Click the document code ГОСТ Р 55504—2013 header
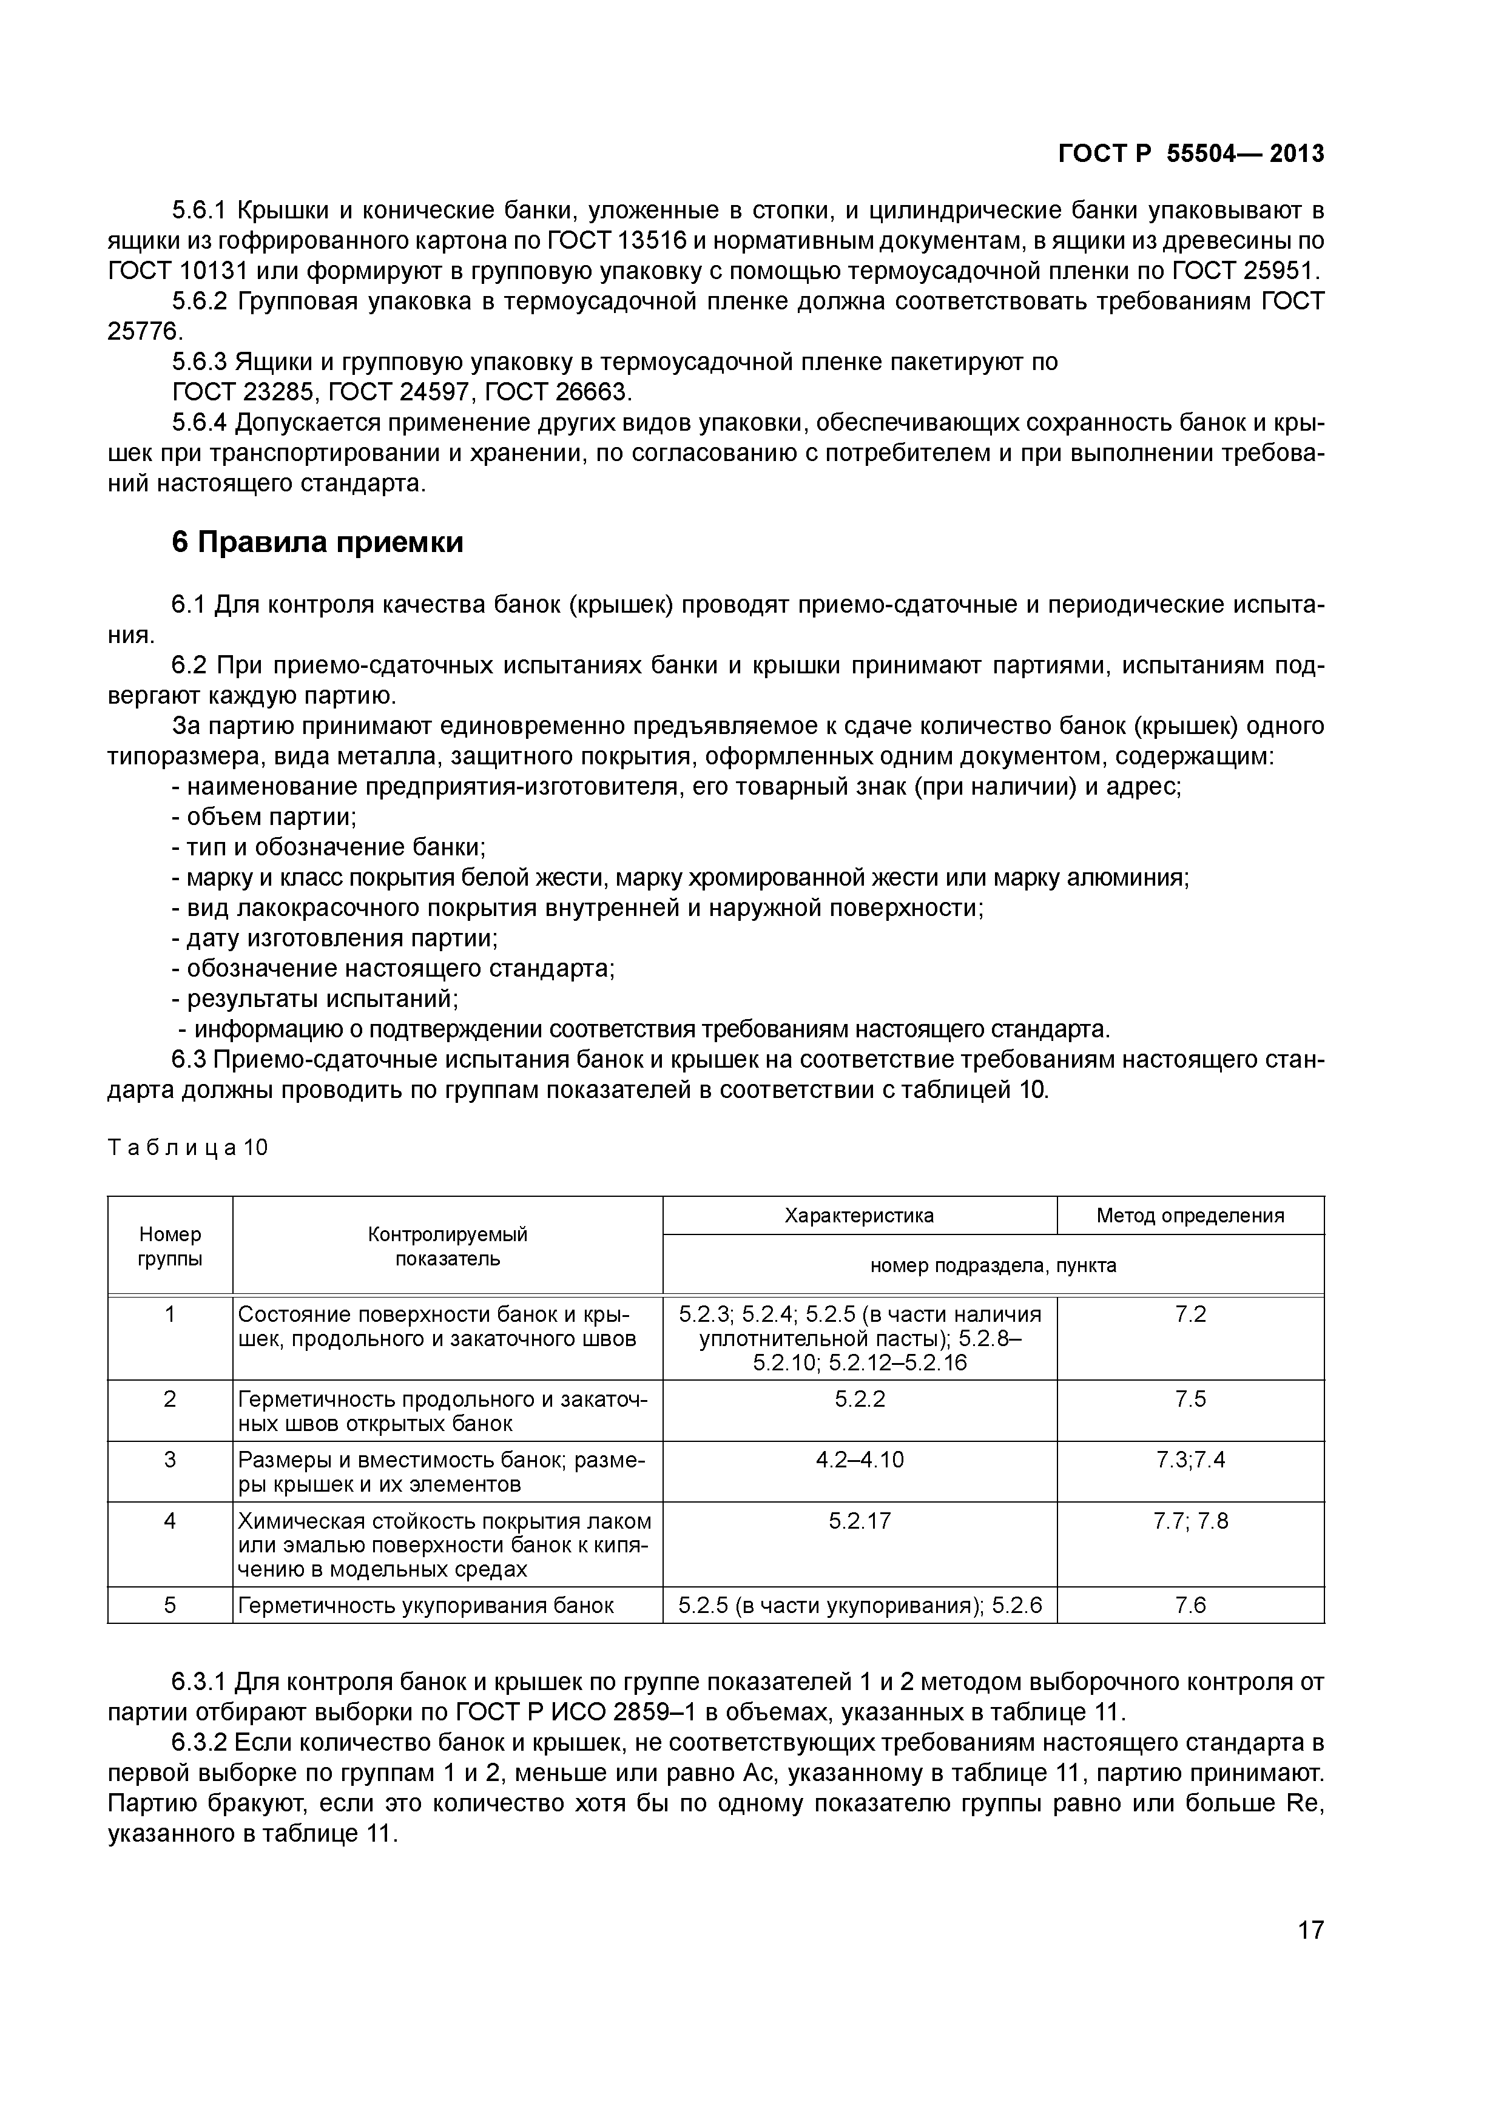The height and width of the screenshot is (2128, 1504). pos(1191,154)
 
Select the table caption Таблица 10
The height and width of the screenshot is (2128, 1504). pos(188,1148)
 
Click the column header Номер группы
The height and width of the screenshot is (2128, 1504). pos(170,1245)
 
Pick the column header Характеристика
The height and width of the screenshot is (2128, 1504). pos(859,1215)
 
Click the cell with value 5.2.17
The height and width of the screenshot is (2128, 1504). pos(859,1521)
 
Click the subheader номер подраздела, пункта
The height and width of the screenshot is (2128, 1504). pos(993,1265)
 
